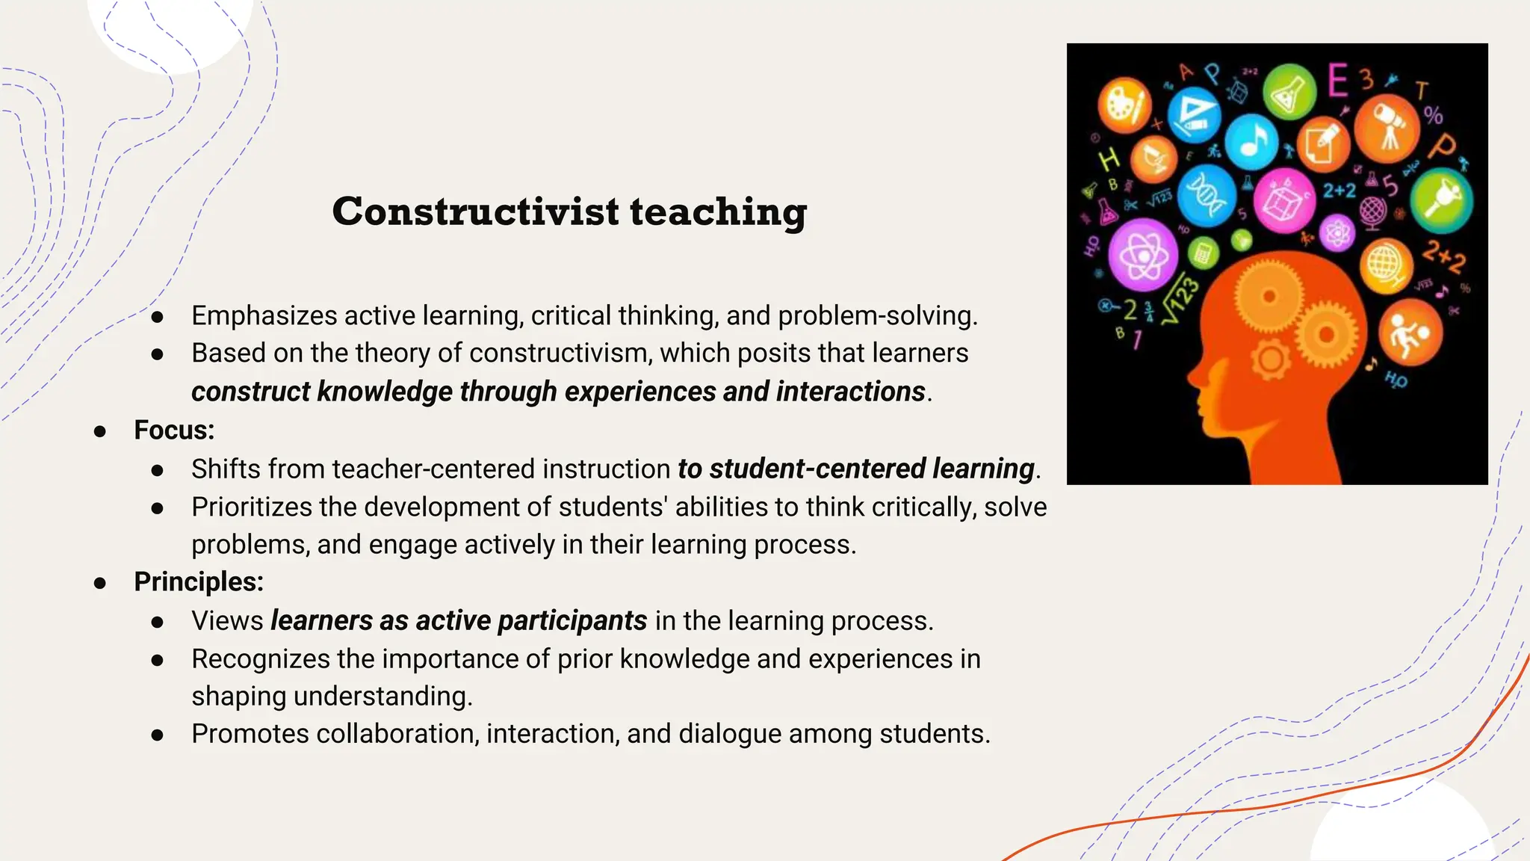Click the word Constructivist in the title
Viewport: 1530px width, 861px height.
[x=475, y=212]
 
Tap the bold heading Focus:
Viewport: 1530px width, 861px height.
[x=174, y=430]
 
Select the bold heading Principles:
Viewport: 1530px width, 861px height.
[x=199, y=582]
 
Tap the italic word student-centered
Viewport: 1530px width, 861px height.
[x=818, y=469]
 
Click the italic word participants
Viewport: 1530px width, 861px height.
[x=572, y=621]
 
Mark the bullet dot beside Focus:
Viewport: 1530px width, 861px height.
[x=100, y=431]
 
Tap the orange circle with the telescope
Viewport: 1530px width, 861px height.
[x=1387, y=128]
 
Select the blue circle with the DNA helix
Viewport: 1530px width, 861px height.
[x=1206, y=195]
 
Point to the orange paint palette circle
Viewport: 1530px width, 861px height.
[x=1124, y=105]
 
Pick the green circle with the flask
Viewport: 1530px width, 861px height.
[x=1289, y=93]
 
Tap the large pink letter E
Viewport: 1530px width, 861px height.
[x=1338, y=81]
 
